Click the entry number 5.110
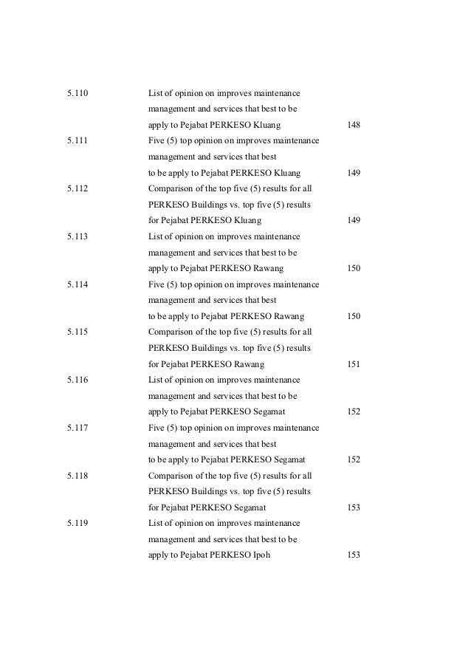point(77,93)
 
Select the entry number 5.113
point(77,236)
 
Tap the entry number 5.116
point(77,380)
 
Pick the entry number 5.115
point(77,332)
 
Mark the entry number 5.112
point(77,188)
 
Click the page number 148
point(353,125)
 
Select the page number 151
point(353,364)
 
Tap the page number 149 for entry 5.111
point(353,173)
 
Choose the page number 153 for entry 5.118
point(353,508)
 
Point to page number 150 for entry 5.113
point(353,268)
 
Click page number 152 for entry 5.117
point(353,460)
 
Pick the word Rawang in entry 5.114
point(289,316)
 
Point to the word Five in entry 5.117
point(157,428)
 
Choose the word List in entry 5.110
point(155,93)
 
